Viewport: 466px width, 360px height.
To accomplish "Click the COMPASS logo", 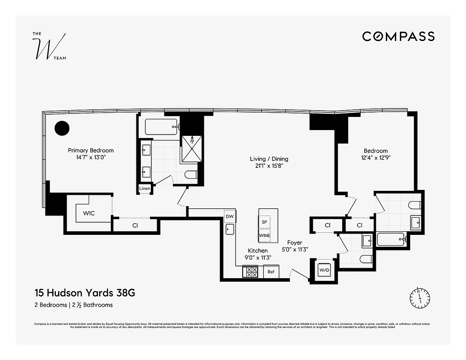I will click(x=398, y=36).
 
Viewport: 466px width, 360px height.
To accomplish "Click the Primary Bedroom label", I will click(x=90, y=150).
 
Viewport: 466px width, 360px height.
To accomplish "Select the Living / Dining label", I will click(x=269, y=159).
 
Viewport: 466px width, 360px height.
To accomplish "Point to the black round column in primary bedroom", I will click(x=62, y=128).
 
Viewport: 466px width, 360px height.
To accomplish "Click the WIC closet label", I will click(x=89, y=213).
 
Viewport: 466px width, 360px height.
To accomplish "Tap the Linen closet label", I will click(x=145, y=189).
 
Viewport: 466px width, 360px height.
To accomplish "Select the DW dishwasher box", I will click(x=230, y=216).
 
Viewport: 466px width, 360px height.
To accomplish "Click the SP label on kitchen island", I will click(x=264, y=223).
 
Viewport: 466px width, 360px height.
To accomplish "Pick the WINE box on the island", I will click(x=264, y=235).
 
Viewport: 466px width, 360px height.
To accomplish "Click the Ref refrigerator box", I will click(x=271, y=272).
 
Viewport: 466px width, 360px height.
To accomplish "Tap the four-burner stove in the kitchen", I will click(x=250, y=272).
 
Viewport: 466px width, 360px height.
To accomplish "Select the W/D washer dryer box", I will click(x=324, y=270).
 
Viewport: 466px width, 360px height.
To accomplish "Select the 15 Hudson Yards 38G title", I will click(x=85, y=293).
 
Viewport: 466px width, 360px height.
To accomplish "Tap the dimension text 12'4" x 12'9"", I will click(x=376, y=158).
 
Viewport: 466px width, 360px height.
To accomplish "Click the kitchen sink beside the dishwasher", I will click(x=230, y=230).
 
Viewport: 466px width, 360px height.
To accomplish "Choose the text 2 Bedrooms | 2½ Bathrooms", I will click(x=73, y=305).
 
